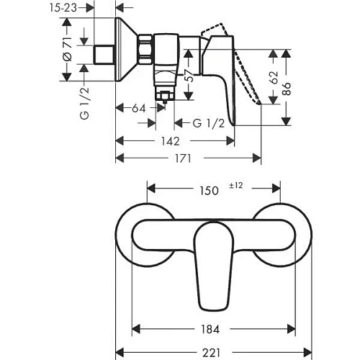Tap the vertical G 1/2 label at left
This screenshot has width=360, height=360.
(85, 105)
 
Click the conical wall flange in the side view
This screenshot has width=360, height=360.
(129, 53)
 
